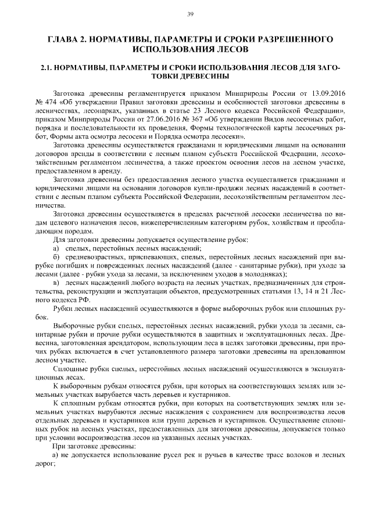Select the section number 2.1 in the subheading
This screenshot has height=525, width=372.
coord(48,68)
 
